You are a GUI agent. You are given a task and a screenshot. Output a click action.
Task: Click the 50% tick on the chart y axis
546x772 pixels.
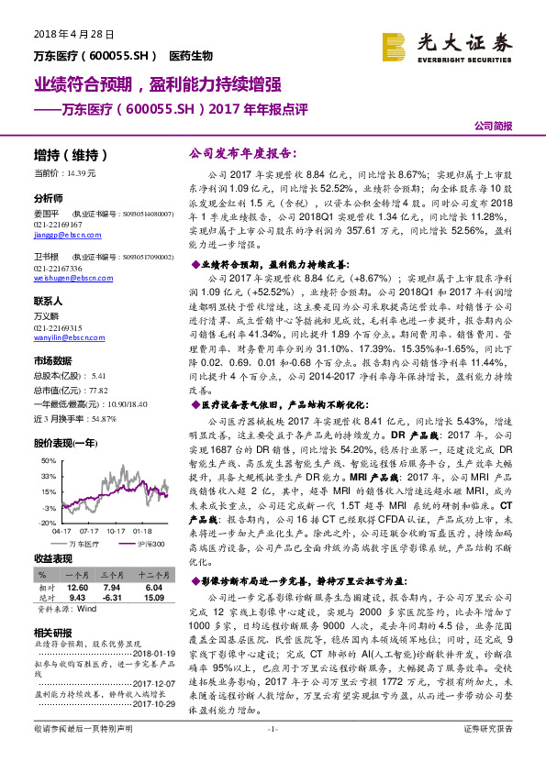pos(49,476)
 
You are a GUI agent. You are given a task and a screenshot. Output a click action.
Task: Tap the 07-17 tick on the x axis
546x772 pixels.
pos(89,530)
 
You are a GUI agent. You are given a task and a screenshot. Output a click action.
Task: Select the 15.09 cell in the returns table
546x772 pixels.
pos(152,597)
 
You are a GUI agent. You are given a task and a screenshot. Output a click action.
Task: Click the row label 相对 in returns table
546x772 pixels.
pos(47,586)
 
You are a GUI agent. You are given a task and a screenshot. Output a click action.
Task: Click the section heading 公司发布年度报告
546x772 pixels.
pos(227,156)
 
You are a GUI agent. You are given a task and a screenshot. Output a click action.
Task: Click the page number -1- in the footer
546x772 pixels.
pos(272,755)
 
